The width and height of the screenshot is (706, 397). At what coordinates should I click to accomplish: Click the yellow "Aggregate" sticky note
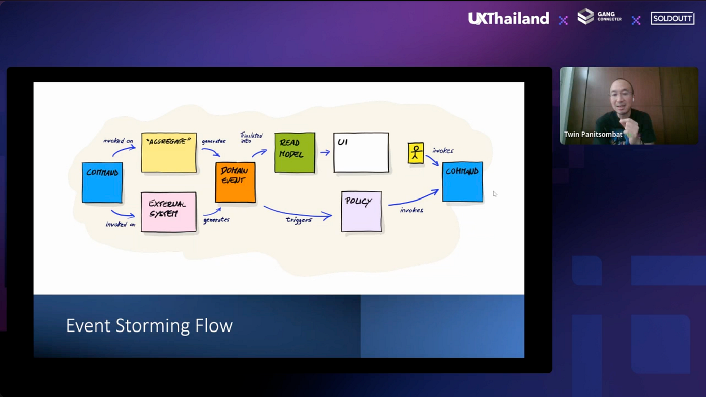click(x=168, y=153)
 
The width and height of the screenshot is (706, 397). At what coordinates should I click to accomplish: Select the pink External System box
click(x=168, y=212)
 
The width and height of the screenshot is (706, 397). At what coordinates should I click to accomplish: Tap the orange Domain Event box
click(x=235, y=182)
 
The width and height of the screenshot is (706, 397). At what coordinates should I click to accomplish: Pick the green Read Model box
click(x=295, y=152)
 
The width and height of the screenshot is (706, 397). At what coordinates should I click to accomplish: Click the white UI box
click(x=361, y=152)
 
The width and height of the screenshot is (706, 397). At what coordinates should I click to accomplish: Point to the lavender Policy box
click(x=361, y=211)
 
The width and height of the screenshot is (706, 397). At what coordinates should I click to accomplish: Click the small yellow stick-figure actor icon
click(x=416, y=153)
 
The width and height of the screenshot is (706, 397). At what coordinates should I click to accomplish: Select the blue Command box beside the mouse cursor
click(x=462, y=181)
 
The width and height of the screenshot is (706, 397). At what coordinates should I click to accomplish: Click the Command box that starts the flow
click(x=102, y=182)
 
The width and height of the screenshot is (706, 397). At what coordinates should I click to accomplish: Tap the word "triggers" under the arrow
click(x=299, y=220)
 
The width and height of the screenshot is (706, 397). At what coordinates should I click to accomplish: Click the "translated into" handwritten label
click(x=251, y=138)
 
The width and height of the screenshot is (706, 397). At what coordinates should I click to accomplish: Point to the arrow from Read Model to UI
click(x=324, y=152)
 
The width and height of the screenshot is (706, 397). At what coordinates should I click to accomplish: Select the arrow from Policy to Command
click(x=413, y=197)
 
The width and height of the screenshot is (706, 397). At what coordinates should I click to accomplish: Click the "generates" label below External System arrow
click(x=216, y=220)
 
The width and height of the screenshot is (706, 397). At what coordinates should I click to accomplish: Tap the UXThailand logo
click(x=508, y=19)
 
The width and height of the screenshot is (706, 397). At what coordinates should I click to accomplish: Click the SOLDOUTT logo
click(x=672, y=19)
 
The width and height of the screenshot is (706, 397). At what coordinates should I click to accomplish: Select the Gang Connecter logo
click(x=599, y=17)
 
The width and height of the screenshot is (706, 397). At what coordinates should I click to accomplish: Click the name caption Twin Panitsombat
click(x=593, y=135)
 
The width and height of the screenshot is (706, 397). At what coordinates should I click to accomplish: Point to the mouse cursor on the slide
click(x=495, y=194)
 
